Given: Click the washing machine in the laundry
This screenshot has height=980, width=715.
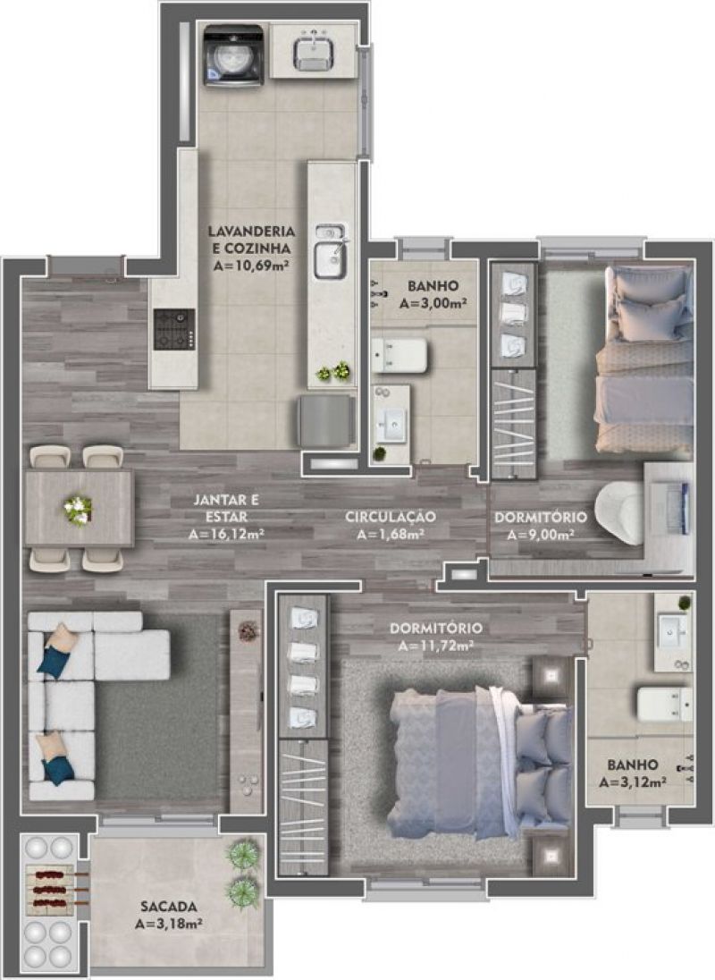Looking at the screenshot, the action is coord(233,55).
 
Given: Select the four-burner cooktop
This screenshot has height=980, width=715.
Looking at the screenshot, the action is coord(174,329).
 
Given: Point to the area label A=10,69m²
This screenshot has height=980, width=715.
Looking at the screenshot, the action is coord(250,265).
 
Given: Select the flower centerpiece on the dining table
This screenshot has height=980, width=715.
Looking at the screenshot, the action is coord(78,510).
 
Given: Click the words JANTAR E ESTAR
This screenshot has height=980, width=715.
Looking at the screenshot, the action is coord(225,508).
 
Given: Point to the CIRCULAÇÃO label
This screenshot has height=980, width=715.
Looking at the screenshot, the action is coord(391,517).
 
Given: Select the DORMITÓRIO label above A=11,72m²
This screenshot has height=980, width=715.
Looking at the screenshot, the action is coord(436,628).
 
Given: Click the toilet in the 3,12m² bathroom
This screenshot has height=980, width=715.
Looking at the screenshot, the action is coord(664,704).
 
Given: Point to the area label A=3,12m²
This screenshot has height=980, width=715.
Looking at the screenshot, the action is coord(633,781).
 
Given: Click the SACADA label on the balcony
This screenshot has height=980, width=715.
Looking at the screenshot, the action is coord(169,907).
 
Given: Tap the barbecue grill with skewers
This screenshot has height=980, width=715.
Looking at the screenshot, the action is coord(53,889).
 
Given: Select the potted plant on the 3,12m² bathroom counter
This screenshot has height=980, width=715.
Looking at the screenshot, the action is coord(685,604).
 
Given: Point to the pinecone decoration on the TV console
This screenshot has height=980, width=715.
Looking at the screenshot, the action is coord(248,630).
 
